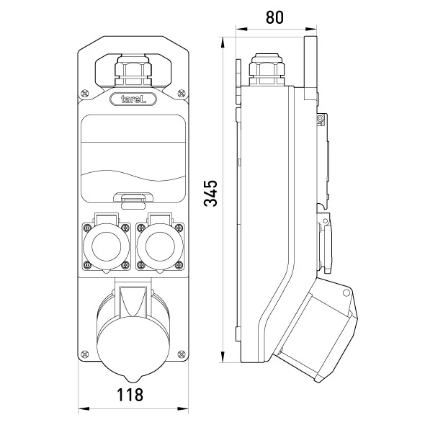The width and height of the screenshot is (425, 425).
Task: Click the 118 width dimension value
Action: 130,395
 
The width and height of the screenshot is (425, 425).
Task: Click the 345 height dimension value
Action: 210,193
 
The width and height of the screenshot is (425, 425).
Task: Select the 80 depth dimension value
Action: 274,17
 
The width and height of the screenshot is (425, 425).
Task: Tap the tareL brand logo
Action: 133,99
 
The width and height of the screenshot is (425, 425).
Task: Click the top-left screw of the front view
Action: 84,94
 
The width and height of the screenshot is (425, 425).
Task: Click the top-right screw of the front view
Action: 182,94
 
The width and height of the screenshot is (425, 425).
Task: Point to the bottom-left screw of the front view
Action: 84,354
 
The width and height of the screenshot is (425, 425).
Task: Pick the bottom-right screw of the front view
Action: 182,354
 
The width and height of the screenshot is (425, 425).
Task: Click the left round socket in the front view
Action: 107,246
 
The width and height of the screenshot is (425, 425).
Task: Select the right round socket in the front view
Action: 160,246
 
